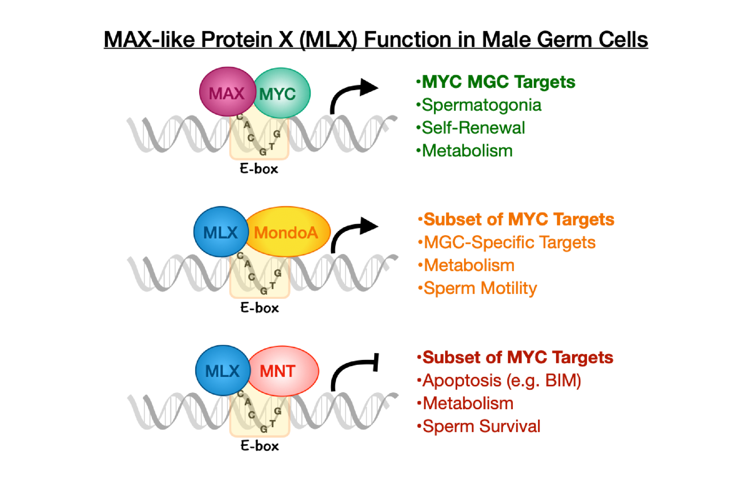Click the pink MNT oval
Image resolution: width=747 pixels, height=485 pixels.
[x=283, y=371]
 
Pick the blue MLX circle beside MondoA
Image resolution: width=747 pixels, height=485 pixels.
[x=221, y=232]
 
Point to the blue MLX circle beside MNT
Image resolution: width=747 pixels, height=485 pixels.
[x=222, y=371]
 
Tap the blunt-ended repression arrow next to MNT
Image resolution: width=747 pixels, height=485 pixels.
[x=354, y=369]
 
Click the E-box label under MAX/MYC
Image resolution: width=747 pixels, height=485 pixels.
[x=259, y=169]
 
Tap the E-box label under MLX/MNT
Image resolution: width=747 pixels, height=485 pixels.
[x=260, y=445]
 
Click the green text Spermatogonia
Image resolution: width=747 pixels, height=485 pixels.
[x=481, y=105]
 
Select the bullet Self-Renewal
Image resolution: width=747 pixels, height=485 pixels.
[x=473, y=128]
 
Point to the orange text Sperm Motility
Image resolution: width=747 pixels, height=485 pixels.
[x=480, y=288]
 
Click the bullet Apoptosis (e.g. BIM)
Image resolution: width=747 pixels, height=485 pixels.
[x=502, y=380]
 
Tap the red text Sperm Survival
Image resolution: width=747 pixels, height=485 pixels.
[x=481, y=426]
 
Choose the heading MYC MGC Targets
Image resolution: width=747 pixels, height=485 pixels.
[x=498, y=82]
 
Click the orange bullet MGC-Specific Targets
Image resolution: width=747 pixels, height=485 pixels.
[x=509, y=242]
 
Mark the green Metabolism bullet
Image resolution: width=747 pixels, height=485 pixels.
[x=467, y=151]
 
